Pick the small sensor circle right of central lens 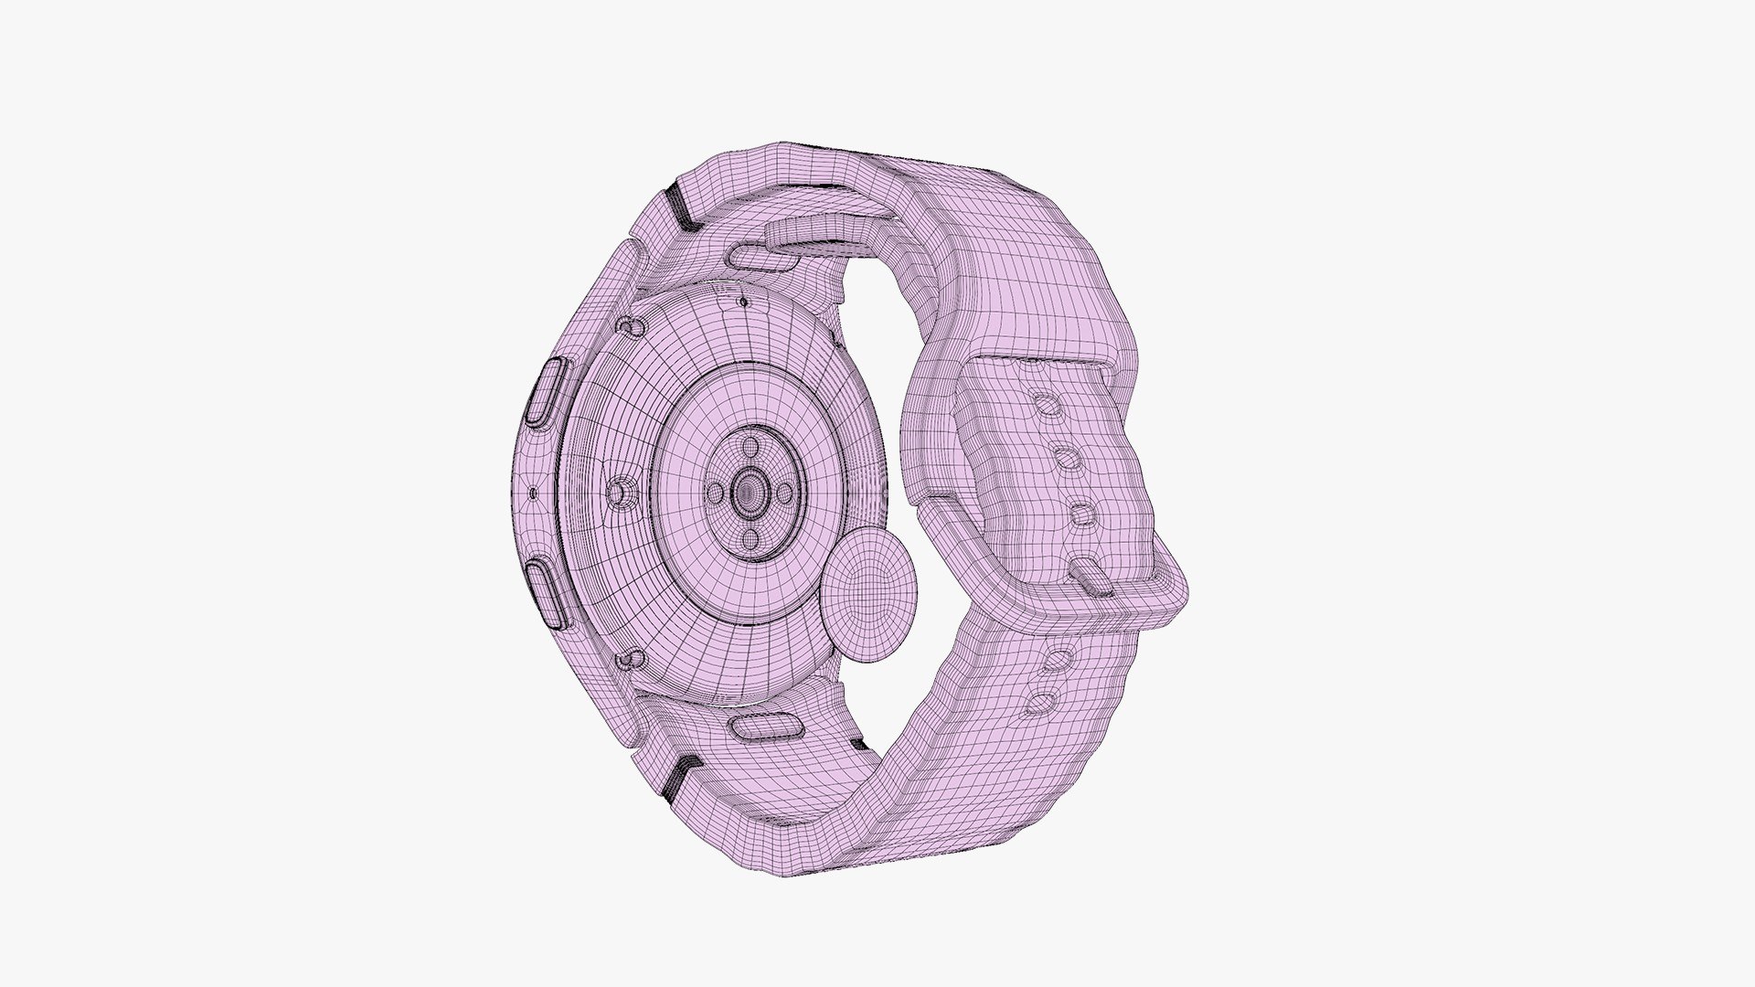pyautogui.click(x=783, y=493)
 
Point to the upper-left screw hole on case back pyautogui.click(x=627, y=324)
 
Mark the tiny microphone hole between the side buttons pyautogui.click(x=532, y=494)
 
